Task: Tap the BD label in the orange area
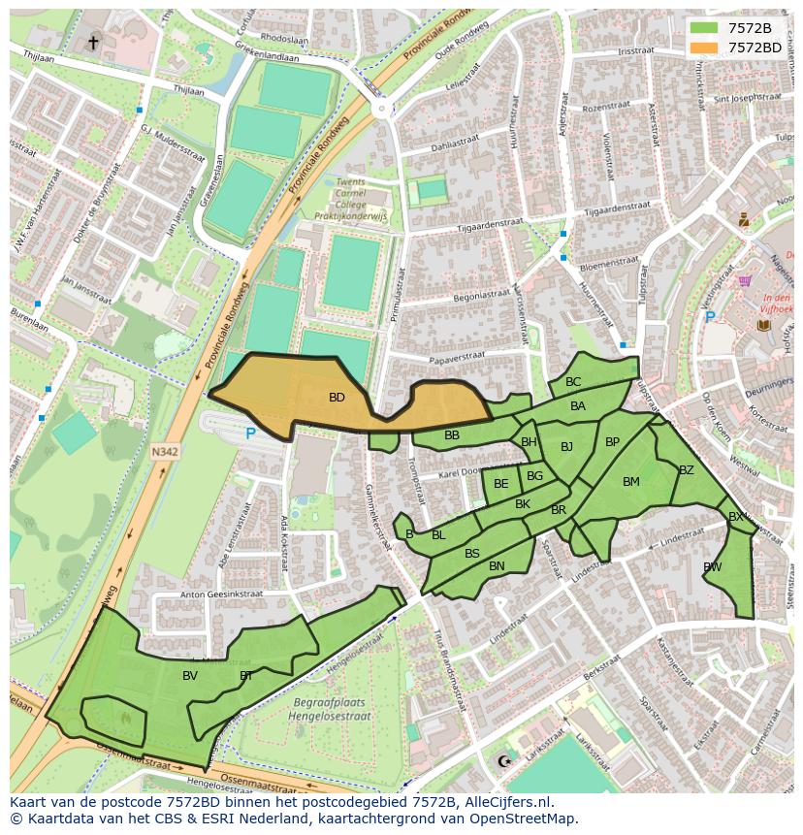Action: tap(337, 398)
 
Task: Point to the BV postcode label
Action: tap(190, 676)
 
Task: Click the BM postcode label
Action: tap(631, 482)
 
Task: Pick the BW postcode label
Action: tap(713, 567)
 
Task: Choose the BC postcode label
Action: tap(573, 382)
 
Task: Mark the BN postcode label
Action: tap(497, 566)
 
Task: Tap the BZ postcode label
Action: tap(687, 470)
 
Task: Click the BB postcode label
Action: tap(452, 435)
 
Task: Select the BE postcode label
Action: tap(500, 484)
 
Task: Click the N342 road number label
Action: tap(165, 451)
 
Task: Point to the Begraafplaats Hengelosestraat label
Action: tap(329, 707)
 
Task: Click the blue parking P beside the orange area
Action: tap(250, 434)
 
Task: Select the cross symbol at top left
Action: tap(93, 42)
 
